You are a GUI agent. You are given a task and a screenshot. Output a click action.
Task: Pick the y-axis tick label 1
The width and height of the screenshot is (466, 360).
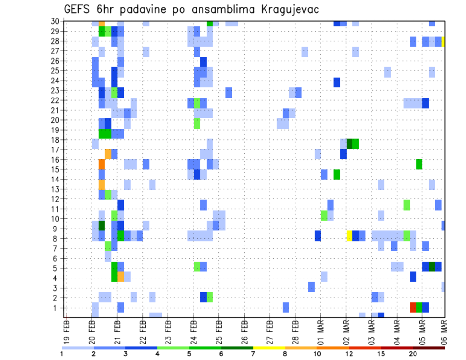click(x=57, y=308)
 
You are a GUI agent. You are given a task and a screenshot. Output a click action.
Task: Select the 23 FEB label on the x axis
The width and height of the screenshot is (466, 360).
click(x=168, y=329)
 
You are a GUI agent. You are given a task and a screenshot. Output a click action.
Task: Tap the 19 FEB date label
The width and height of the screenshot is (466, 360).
click(x=67, y=329)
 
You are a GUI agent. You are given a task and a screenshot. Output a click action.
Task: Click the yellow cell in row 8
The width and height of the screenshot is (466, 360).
click(x=349, y=236)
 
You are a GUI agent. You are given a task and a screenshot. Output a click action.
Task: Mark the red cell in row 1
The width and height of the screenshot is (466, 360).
click(x=413, y=308)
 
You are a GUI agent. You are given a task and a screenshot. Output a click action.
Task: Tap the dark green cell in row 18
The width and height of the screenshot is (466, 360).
click(x=349, y=144)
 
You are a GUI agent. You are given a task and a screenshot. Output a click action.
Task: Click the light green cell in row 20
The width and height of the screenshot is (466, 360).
click(x=197, y=124)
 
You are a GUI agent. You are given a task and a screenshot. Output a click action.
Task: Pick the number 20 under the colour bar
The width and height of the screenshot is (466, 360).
click(x=413, y=354)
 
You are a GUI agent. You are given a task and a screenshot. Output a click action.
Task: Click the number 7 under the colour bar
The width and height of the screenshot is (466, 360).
click(x=253, y=354)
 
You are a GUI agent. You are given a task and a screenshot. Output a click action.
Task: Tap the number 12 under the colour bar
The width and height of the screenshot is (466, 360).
click(x=349, y=354)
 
